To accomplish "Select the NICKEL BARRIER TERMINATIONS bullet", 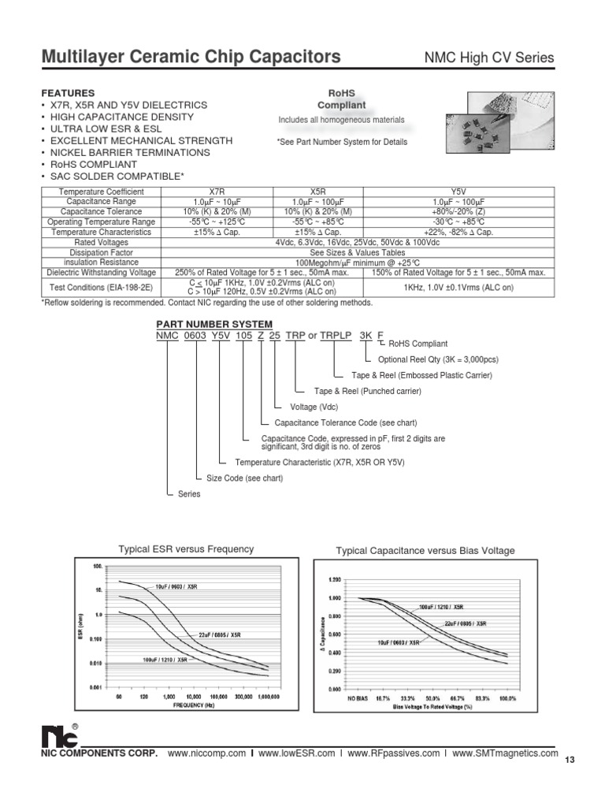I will pyautogui.click(x=124, y=152).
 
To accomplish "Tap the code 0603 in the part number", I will pyautogui.click(x=194, y=335).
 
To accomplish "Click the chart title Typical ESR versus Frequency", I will pyautogui.click(x=186, y=549).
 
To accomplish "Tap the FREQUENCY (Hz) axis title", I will pyautogui.click(x=193, y=705).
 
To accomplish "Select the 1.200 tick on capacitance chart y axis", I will pyautogui.click(x=334, y=579).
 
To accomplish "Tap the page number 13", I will pyautogui.click(x=571, y=759).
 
